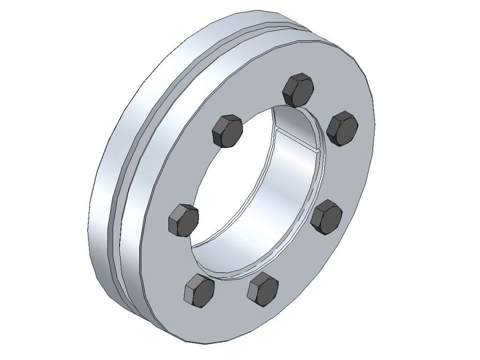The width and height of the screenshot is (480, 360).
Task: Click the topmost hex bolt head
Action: [x=298, y=90]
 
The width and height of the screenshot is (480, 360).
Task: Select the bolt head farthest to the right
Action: [x=342, y=128]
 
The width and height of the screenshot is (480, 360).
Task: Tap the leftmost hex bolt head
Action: [x=182, y=220]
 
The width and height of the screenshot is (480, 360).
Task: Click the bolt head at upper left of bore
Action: [x=227, y=130]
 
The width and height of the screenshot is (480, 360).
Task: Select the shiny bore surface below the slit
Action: [x=286, y=187]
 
